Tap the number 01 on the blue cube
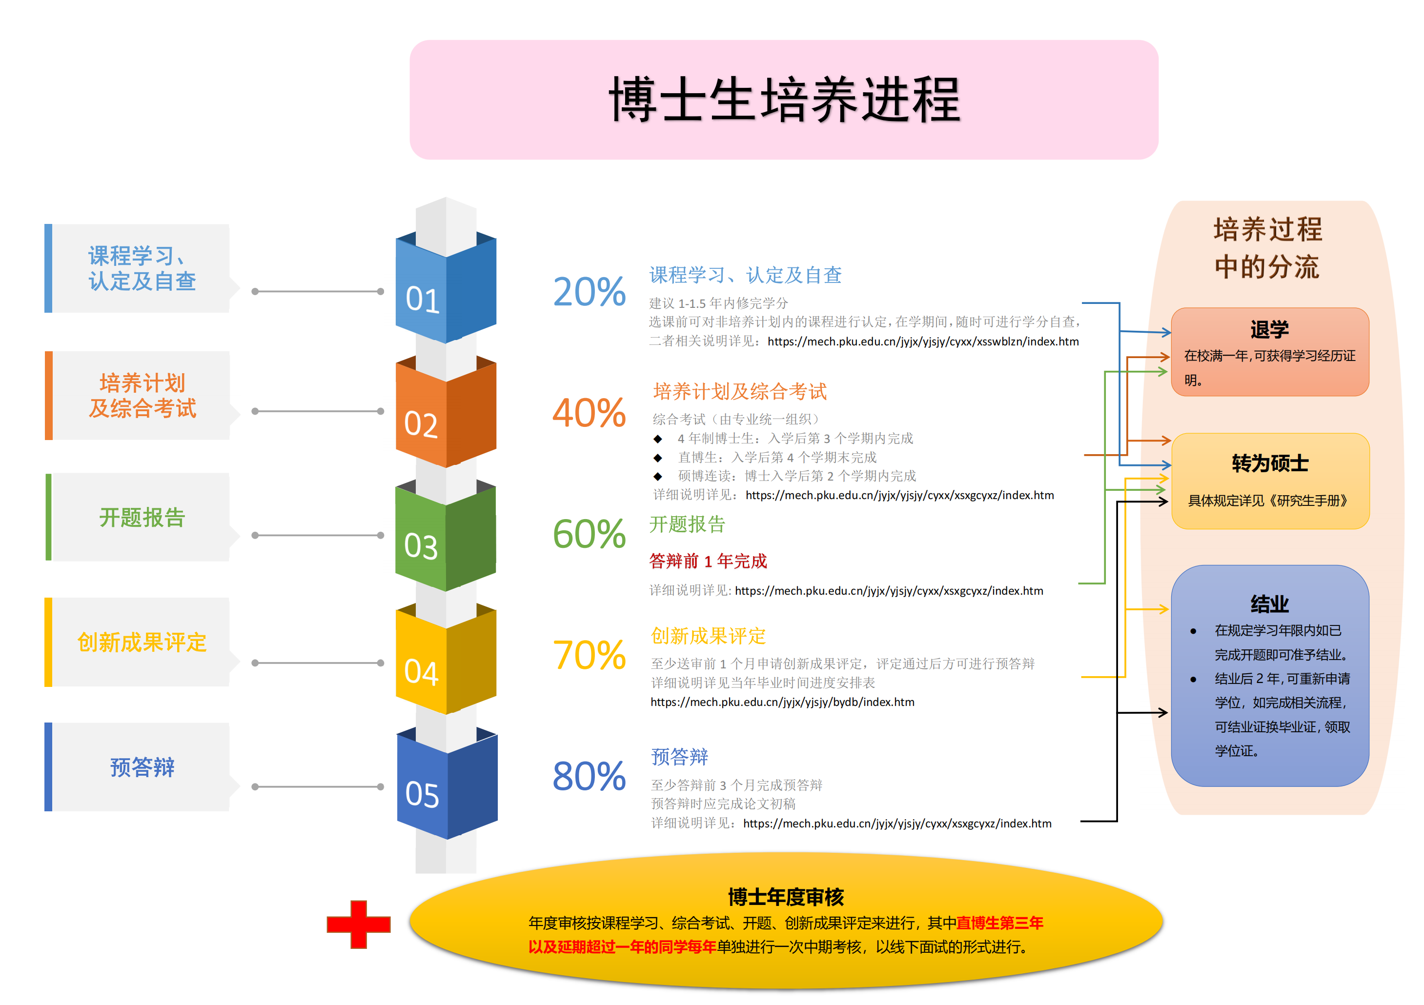coord(422,299)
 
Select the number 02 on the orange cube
coord(421,425)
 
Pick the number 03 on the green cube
coord(421,547)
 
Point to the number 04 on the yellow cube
coord(421,672)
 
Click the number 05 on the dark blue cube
coord(422,794)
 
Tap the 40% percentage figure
coord(589,413)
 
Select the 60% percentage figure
coord(589,534)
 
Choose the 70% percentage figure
coord(589,655)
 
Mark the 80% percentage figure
coord(589,776)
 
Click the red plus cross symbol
coord(359,925)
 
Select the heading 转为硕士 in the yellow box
coord(1270,463)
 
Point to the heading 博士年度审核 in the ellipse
coord(786,897)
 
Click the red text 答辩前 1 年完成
coord(708,561)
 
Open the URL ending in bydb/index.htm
coord(782,702)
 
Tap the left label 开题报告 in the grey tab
coord(142,517)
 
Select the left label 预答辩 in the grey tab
coord(142,767)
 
